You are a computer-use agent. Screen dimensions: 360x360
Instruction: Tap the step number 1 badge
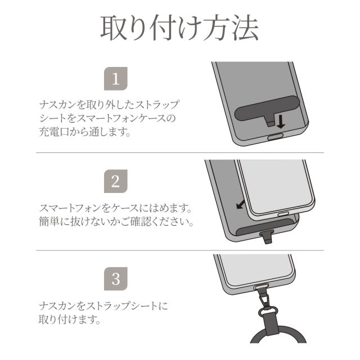pos(116,79)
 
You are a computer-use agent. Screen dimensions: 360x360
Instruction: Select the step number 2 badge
pos(116,181)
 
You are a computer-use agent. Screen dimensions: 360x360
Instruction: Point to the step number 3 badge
pos(116,278)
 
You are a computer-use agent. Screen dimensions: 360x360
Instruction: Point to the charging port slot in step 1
pos(274,137)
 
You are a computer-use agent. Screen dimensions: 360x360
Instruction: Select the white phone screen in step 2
pos(270,186)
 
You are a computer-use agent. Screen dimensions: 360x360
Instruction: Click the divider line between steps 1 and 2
pos(180,153)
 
